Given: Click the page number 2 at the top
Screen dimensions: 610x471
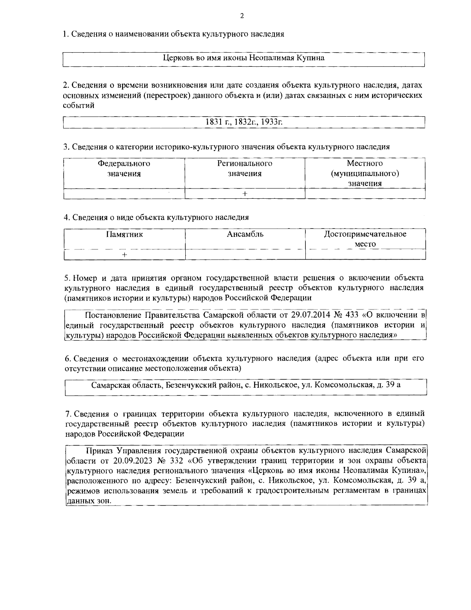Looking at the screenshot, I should [x=241, y=16].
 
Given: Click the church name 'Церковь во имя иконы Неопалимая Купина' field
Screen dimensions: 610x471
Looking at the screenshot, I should [x=244, y=58].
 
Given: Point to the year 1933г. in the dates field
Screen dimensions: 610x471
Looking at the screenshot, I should [x=271, y=122].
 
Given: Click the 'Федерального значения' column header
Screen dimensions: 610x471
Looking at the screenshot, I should [x=124, y=169].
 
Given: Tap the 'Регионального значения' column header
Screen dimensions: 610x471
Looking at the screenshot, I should [x=245, y=169].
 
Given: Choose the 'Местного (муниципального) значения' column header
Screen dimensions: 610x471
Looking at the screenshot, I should [x=365, y=173].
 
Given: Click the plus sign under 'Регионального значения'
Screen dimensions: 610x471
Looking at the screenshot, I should [x=245, y=194].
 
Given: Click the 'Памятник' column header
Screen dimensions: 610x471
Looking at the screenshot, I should [x=124, y=234].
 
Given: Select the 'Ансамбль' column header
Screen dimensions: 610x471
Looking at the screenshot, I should [x=245, y=234].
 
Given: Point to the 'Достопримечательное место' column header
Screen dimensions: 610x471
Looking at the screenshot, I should [x=365, y=239].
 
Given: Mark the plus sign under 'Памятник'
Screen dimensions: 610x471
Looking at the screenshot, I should [x=124, y=255].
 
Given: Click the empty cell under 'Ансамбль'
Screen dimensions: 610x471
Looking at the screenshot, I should [x=245, y=255].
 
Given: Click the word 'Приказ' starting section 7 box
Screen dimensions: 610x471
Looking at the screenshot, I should [x=98, y=450].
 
